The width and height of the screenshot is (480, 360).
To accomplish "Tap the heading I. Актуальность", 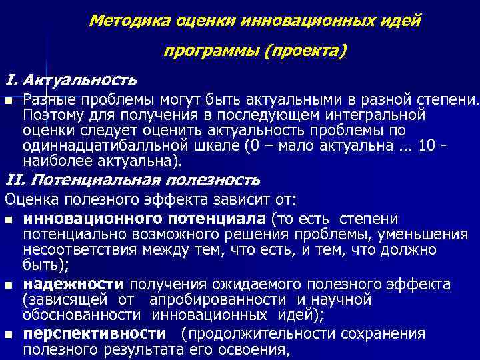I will point(71,81).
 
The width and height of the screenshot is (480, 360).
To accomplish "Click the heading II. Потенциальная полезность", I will point(133,180).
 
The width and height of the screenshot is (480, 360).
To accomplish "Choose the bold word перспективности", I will point(94,333).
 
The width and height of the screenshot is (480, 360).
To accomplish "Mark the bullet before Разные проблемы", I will point(8,101).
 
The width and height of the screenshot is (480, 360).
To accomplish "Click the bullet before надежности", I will point(8,285).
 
